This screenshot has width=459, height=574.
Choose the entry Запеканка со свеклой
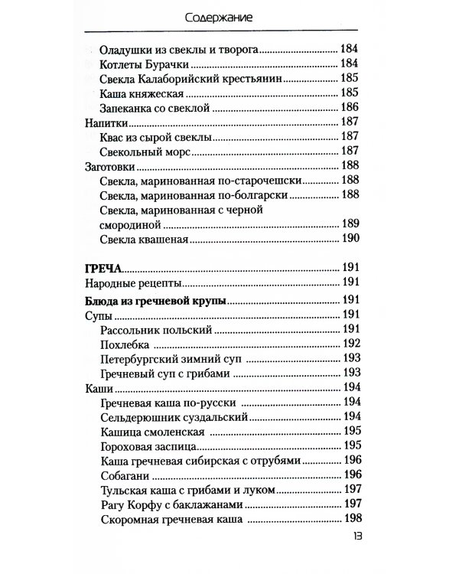[155, 107]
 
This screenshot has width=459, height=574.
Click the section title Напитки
[103, 122]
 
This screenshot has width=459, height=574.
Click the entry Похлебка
[125, 344]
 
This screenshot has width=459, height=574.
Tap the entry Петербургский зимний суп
[172, 359]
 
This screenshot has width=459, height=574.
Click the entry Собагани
[125, 475]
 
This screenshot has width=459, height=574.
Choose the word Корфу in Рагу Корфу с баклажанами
[148, 504]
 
